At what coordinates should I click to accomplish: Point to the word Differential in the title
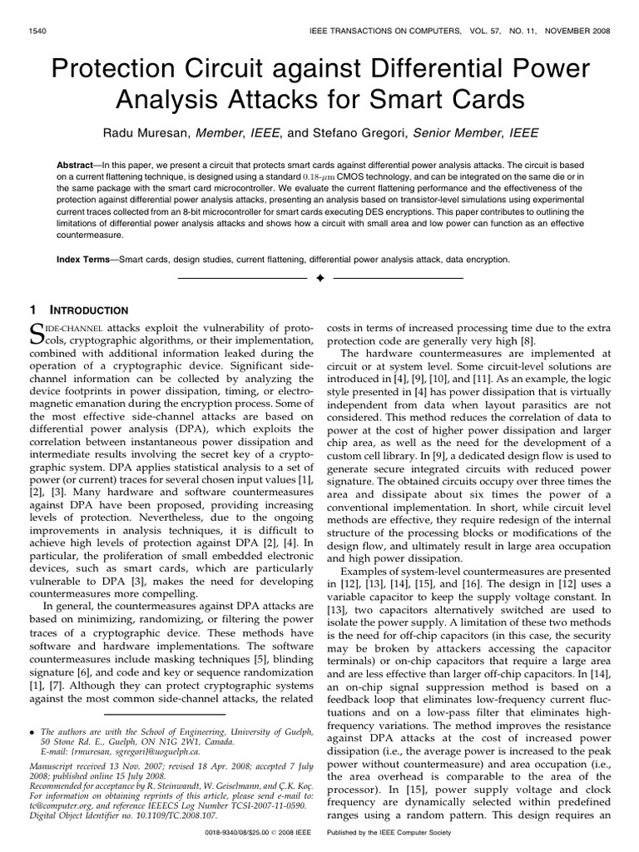(x=453, y=70)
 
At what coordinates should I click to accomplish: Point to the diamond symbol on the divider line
(x=319, y=277)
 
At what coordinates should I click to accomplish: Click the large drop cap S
(x=37, y=334)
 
